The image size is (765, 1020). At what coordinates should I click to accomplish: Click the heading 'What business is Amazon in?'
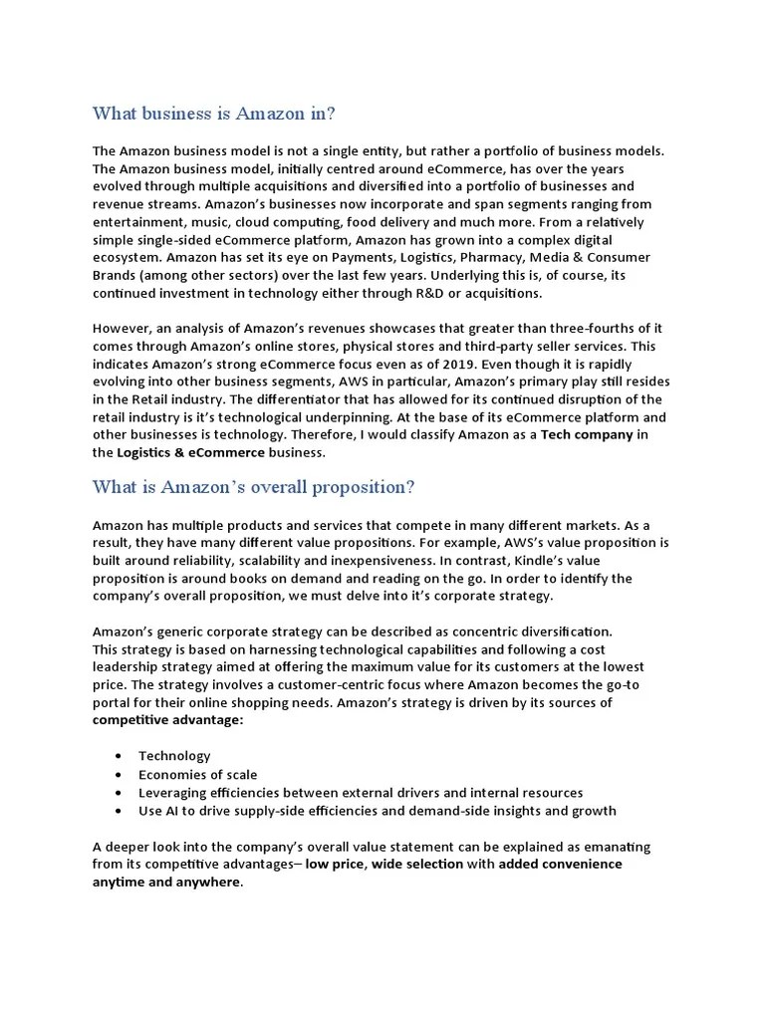pos(214,113)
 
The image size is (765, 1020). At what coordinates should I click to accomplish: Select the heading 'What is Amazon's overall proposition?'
pos(253,487)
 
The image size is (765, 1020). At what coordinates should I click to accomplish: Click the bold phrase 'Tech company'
pos(587,435)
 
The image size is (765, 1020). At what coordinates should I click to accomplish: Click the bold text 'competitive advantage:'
pos(167,720)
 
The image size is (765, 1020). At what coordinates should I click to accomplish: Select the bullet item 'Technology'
pos(174,756)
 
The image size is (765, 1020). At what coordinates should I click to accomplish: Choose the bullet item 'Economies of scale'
pos(197,774)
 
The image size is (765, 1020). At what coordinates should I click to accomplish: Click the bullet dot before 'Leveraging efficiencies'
pos(120,793)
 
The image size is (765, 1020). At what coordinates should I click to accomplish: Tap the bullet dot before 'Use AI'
pos(120,811)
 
